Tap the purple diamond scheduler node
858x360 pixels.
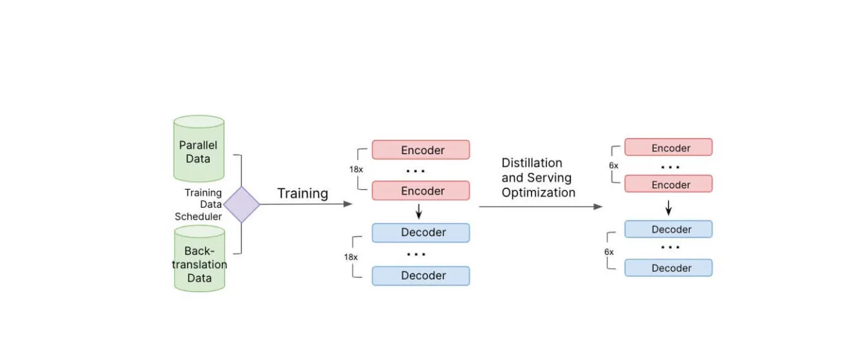click(x=241, y=204)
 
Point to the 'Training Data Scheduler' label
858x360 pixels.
click(x=200, y=204)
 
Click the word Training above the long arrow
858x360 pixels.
click(x=303, y=194)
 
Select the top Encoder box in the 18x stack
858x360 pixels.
click(x=421, y=150)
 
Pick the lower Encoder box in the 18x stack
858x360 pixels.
click(x=421, y=191)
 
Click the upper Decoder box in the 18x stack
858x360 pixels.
click(x=421, y=233)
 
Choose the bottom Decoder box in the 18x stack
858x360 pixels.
click(x=421, y=276)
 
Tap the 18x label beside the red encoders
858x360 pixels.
click(x=356, y=170)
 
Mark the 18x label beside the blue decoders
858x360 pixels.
click(x=351, y=257)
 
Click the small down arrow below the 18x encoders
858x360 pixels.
click(x=419, y=212)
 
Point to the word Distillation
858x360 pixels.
click(x=532, y=163)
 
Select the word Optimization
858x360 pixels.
click(x=538, y=193)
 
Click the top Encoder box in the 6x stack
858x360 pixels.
click(x=668, y=147)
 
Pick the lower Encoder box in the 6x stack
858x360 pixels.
click(x=668, y=184)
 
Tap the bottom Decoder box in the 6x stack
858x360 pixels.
click(x=668, y=268)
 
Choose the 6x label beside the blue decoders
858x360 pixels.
click(x=609, y=251)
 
